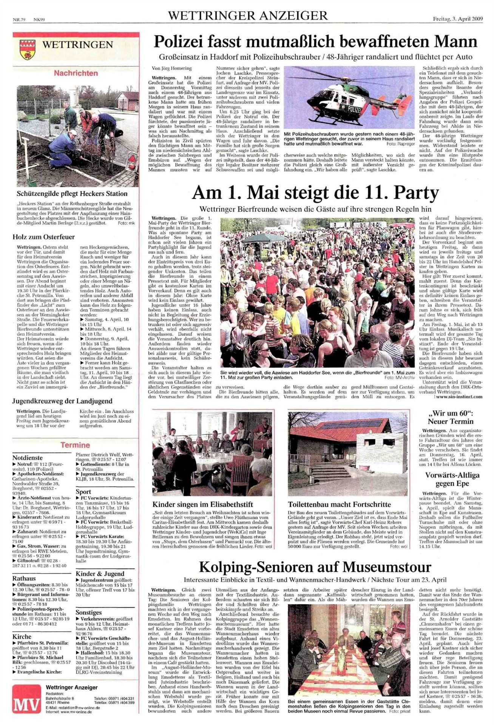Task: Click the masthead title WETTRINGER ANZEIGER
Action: [247, 16]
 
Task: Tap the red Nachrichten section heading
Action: [76, 73]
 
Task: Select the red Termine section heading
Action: [76, 445]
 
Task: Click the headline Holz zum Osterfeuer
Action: [44, 237]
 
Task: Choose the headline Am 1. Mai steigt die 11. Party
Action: [315, 193]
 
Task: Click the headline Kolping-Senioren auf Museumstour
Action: [315, 567]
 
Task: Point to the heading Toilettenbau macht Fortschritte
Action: [339, 504]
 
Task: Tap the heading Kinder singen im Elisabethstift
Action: [203, 504]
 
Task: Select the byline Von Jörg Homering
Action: [171, 68]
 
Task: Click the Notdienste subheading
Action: [28, 458]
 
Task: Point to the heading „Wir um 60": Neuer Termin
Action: [450, 417]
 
